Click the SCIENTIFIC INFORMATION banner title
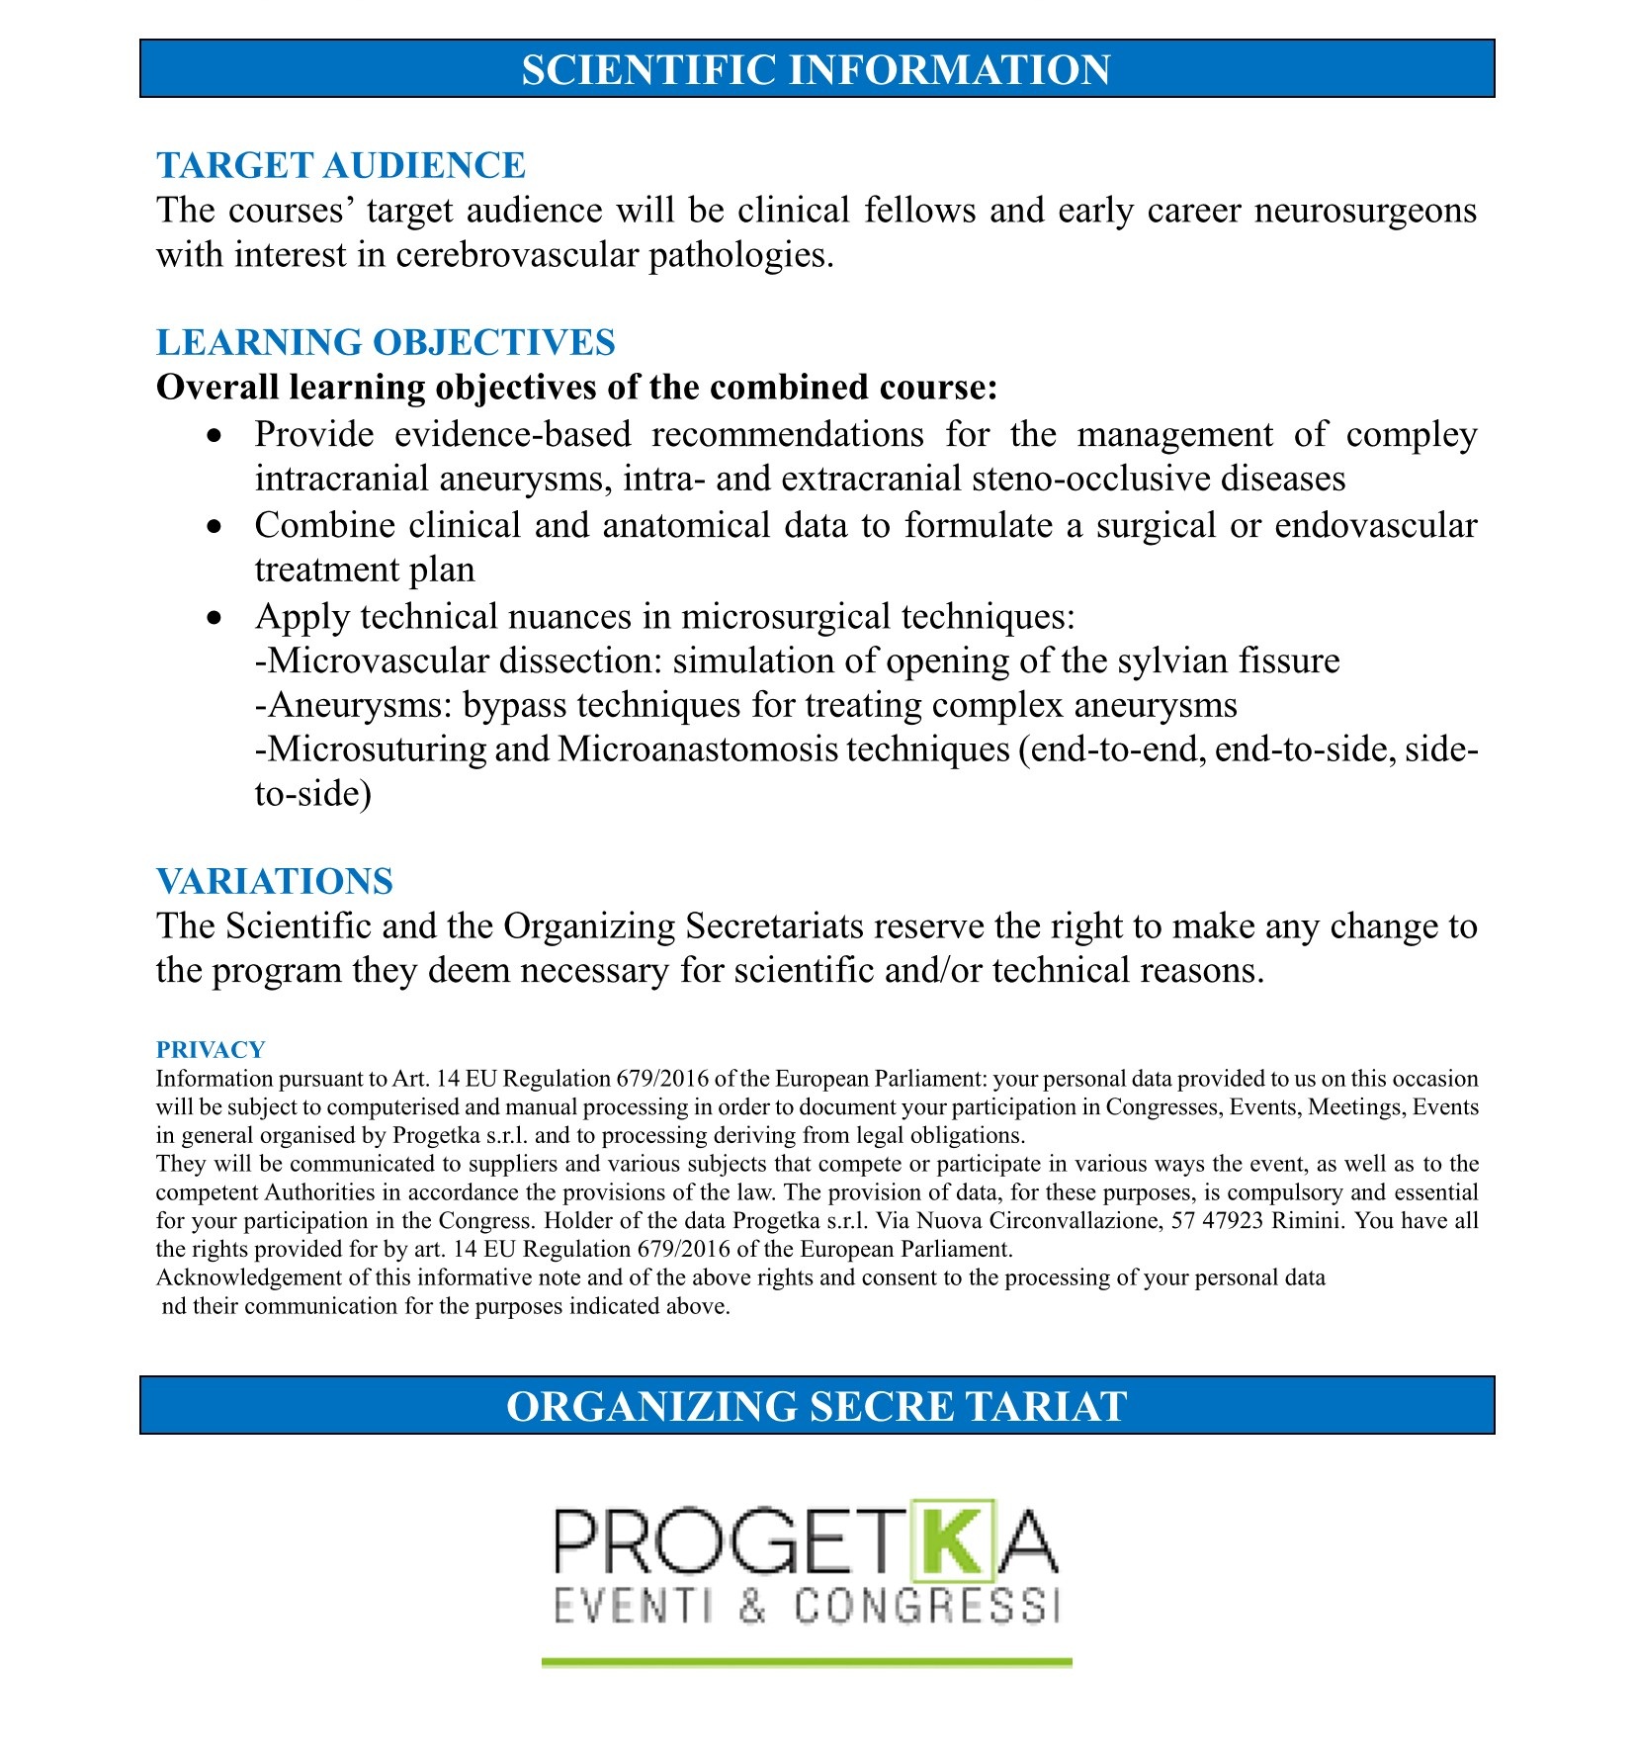click(816, 69)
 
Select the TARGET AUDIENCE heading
click(340, 165)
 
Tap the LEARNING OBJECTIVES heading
click(386, 342)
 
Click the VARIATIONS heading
click(275, 881)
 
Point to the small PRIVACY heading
click(211, 1049)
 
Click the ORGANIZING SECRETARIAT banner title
click(816, 1405)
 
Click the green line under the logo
click(806, 1663)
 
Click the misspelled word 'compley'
click(1412, 435)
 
